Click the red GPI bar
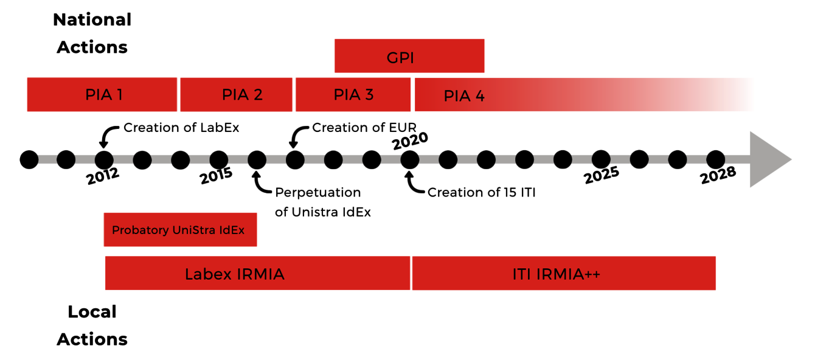409,56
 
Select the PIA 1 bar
102,95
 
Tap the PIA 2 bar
236,95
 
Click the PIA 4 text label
464,96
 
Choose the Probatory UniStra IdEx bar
180,230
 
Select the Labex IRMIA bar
257,274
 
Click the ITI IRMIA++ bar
564,274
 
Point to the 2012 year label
103,178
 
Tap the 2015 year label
217,177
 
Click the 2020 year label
410,142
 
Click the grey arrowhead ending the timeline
769,160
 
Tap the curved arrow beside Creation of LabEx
108,136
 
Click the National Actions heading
92,33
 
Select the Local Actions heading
92,325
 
